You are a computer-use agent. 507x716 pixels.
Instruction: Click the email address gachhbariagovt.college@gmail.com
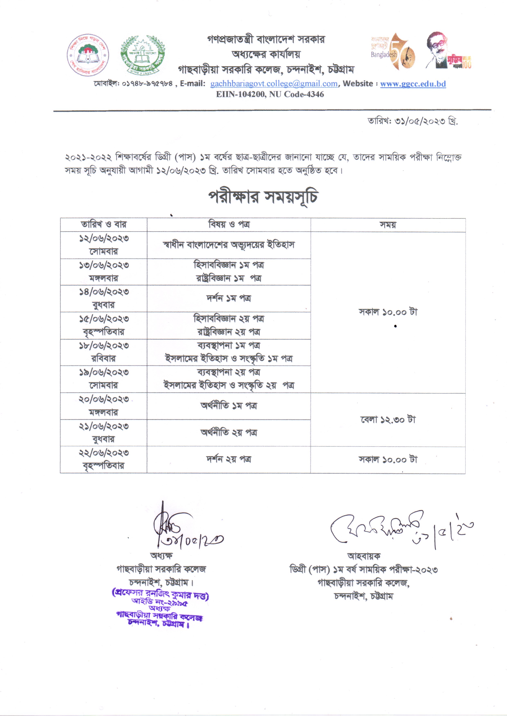(x=274, y=84)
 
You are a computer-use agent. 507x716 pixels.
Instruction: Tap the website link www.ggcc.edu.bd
(x=413, y=84)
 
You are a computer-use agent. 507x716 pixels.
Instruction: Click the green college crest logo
(x=143, y=55)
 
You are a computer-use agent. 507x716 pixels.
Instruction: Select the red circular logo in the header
(x=88, y=55)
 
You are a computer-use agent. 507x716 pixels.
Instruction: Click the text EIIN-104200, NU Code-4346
(x=270, y=94)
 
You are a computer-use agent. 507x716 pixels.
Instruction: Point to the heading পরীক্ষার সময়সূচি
(x=263, y=197)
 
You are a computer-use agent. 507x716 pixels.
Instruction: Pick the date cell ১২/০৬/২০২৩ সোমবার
(x=103, y=245)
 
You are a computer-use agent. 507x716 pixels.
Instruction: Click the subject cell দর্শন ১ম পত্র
(x=229, y=298)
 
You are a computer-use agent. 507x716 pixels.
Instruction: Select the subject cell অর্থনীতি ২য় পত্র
(x=229, y=433)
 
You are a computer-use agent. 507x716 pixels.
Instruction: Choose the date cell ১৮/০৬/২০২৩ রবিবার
(x=103, y=352)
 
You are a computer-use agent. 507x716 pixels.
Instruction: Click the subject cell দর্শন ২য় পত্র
(x=229, y=459)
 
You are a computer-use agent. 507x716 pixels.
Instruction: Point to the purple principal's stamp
(x=160, y=608)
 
